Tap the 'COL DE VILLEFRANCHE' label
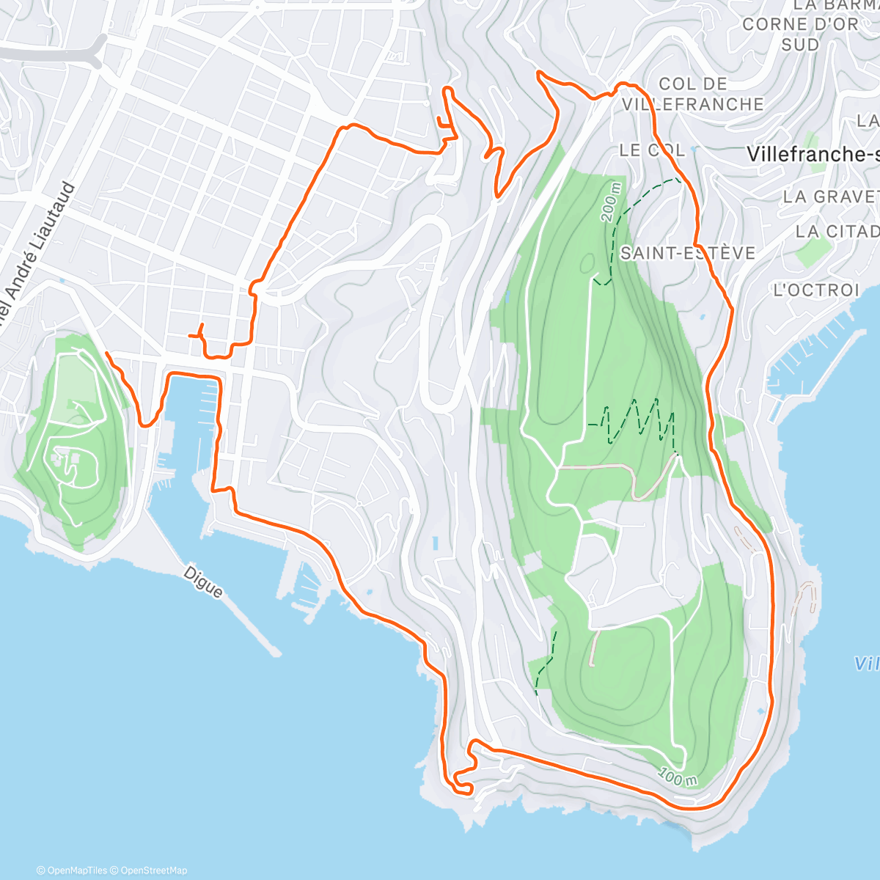(692, 94)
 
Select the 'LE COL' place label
(652, 150)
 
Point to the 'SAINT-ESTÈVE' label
(687, 253)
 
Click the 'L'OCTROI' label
(815, 290)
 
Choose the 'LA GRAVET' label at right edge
(830, 197)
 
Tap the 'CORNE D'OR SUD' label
(799, 34)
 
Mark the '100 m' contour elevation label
(677, 776)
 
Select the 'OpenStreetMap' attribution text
(153, 870)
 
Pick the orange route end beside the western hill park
(108, 354)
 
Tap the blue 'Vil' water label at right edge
(866, 664)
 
